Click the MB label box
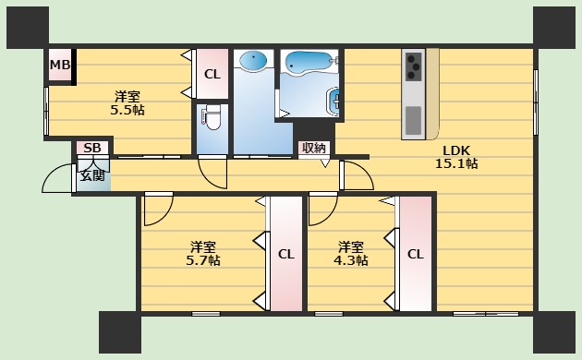[x=60, y=65]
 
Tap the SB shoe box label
[x=91, y=148]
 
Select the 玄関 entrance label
[x=91, y=174]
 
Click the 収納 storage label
[x=313, y=148]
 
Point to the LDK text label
[x=455, y=150]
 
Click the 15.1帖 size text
[x=455, y=164]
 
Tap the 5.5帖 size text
[x=127, y=110]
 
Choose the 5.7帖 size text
[x=202, y=261]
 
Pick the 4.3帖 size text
[x=350, y=261]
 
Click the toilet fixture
[x=212, y=118]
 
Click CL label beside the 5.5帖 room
[x=212, y=75]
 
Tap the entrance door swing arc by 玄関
[x=58, y=178]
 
